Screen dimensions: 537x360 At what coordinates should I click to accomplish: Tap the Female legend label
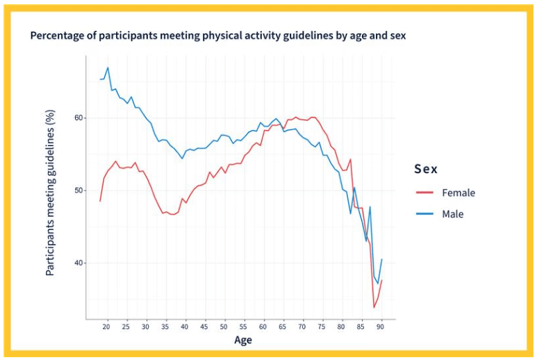[458, 193]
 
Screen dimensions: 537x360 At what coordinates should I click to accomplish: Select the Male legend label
[453, 214]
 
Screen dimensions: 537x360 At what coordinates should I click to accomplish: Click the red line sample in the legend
[424, 193]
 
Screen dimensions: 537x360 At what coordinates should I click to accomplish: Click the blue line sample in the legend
[424, 214]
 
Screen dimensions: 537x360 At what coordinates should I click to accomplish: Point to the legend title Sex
[426, 169]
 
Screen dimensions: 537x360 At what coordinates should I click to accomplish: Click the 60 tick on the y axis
[79, 118]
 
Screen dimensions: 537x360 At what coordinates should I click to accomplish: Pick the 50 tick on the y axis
[79, 190]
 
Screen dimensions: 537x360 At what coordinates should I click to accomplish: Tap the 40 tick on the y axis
[79, 263]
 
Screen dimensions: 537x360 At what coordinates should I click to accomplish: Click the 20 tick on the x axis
[106, 327]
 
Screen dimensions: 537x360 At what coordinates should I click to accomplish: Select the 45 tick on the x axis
[204, 327]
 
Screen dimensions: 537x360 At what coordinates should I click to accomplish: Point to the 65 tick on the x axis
[282, 327]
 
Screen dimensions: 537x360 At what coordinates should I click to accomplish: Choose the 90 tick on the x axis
[380, 327]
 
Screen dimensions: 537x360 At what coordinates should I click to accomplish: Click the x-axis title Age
[243, 340]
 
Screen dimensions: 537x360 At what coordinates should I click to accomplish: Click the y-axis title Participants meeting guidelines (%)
[50, 193]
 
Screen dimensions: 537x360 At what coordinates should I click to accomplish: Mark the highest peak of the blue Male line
[108, 67]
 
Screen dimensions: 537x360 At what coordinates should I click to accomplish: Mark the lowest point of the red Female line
[374, 307]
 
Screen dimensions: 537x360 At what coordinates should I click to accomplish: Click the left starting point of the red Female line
[100, 201]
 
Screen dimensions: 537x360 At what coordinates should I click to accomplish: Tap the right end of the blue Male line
[382, 259]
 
